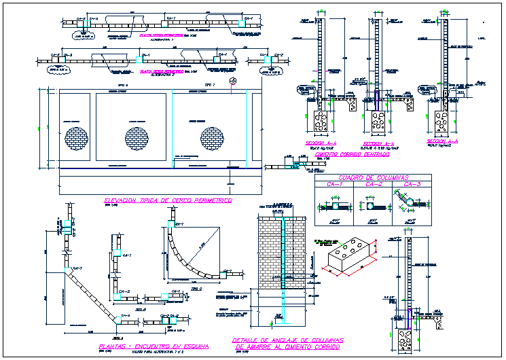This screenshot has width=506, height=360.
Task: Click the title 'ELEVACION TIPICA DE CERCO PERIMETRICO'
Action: point(168,201)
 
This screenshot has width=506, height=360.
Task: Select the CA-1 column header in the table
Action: point(335,184)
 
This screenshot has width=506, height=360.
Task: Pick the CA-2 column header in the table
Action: point(374,184)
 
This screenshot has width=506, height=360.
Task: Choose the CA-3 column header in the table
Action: point(412,184)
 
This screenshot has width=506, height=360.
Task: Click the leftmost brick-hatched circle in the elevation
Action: point(76,138)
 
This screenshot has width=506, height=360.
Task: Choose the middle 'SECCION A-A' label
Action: point(378,144)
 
